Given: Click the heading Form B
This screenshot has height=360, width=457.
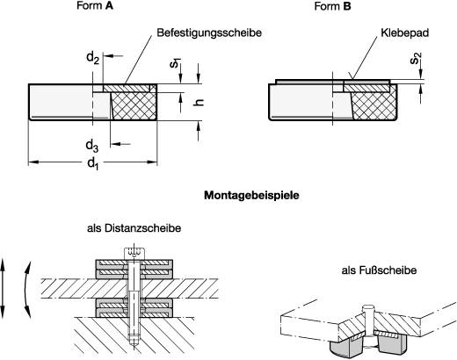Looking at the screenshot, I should [333, 7].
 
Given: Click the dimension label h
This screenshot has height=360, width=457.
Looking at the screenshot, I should [198, 103].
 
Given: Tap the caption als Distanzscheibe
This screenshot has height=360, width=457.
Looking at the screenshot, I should [134, 228].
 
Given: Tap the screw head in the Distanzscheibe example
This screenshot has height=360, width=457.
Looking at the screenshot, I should [134, 252].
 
